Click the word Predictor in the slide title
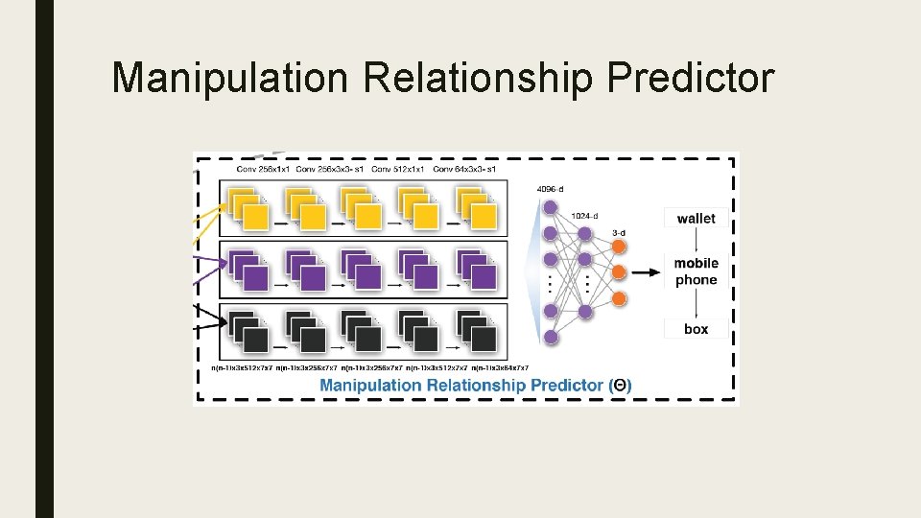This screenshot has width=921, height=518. [x=689, y=78]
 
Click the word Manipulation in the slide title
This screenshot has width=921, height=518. [x=230, y=78]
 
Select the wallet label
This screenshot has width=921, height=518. [x=696, y=219]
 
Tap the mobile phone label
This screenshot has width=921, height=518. [x=696, y=271]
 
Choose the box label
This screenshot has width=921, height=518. [x=696, y=329]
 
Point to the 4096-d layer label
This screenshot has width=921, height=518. [x=553, y=189]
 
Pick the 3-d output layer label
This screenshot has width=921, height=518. [x=620, y=233]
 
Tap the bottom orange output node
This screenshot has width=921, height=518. [x=619, y=299]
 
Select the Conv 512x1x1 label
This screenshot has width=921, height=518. [x=397, y=170]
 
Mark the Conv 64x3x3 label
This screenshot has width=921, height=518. [x=464, y=170]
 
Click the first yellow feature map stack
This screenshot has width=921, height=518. [x=248, y=209]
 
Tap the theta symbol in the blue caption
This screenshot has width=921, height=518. [x=621, y=385]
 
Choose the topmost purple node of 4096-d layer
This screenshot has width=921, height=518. [x=551, y=207]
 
